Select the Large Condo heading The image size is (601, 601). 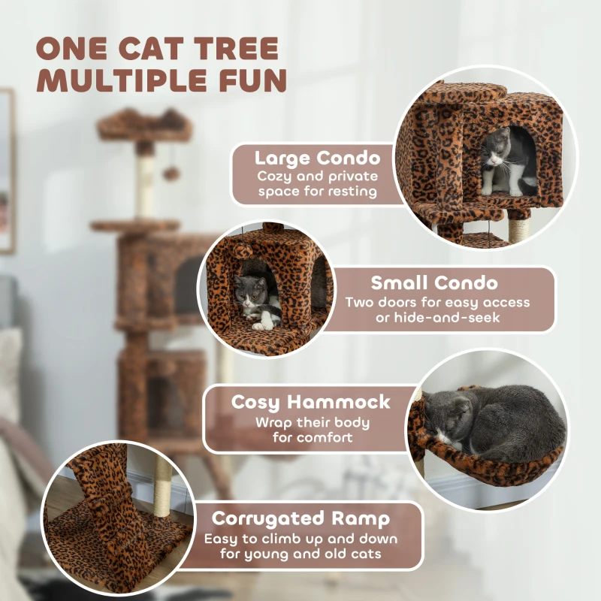(316, 159)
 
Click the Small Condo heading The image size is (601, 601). (434, 283)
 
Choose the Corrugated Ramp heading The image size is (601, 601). (300, 519)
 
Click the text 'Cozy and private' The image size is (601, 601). (316, 177)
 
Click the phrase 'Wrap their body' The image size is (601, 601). (304, 422)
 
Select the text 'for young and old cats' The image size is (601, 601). (300, 554)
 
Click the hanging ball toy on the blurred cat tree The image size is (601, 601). (172, 174)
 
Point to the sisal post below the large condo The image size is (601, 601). (517, 225)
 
